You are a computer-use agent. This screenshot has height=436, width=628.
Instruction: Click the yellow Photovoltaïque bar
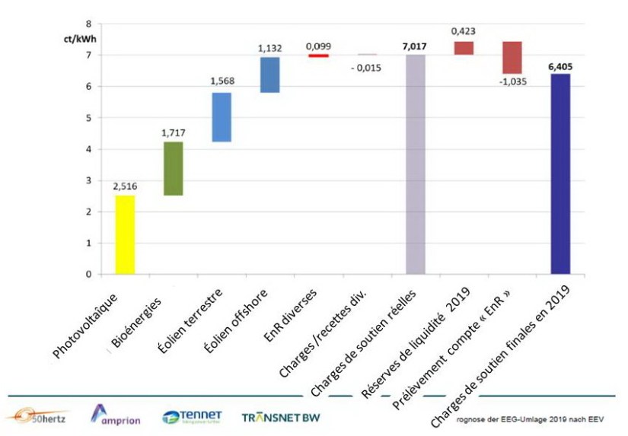pos(125,234)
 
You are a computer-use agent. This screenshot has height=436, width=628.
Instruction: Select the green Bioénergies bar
pos(173,169)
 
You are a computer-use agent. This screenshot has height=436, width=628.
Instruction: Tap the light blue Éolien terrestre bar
pos(222,117)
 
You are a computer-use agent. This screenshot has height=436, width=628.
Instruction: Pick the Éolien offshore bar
pos(270,75)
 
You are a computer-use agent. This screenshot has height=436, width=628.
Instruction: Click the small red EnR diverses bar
pos(318,56)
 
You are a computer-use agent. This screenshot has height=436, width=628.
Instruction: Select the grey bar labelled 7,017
pos(416,164)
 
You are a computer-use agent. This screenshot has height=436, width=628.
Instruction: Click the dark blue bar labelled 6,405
pos(560,173)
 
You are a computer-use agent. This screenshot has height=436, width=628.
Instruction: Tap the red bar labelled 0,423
pos(464,48)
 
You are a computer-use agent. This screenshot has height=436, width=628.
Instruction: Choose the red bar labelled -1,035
pos(512,58)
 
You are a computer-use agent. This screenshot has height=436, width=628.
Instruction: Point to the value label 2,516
pos(125,185)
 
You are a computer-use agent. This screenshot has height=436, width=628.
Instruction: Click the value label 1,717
pos(173,132)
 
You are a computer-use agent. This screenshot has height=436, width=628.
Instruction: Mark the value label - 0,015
pos(366,68)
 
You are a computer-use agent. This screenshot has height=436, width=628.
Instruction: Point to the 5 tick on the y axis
pos(88,118)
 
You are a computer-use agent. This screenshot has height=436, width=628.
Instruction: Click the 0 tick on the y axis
pos(88,274)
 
